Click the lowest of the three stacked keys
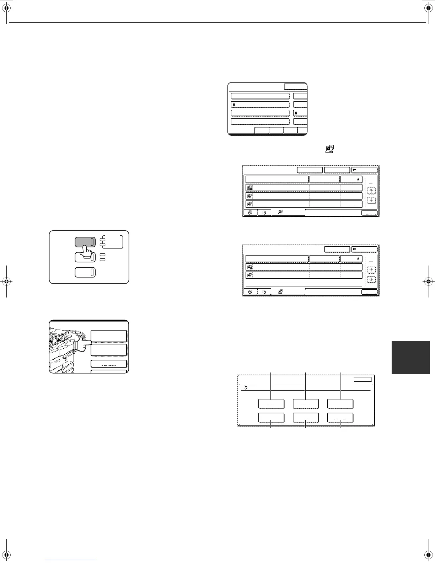tap(85, 273)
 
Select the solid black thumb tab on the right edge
tap(411, 357)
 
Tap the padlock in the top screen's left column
tap(234, 105)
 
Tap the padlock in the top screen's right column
tap(296, 113)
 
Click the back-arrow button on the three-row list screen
tap(364, 170)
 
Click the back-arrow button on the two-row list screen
tap(364, 249)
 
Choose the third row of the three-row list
tap(304, 204)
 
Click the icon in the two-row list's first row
tap(249, 267)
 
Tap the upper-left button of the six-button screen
tap(271, 404)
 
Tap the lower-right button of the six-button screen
tap(340, 418)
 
